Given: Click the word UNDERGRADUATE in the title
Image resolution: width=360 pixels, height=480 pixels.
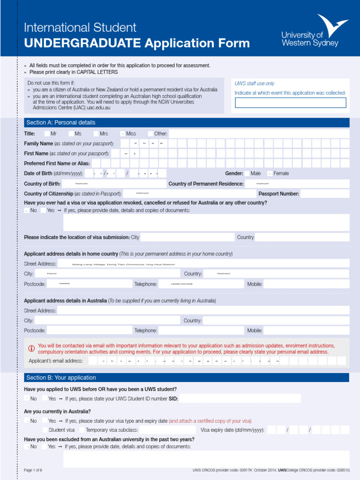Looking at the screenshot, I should coord(82,44).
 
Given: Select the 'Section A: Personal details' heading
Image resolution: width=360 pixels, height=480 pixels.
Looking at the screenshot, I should coord(60,122).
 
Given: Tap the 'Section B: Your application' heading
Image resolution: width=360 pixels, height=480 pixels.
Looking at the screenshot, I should coord(61,378).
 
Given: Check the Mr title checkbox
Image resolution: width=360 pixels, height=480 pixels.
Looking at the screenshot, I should coord(45,134).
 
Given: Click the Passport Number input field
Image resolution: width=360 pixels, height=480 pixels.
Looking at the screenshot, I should coord(331,194).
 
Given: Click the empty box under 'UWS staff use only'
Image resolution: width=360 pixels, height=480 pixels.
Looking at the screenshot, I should coord(291,103).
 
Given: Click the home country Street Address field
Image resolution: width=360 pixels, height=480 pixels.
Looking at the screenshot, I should coord(203,264).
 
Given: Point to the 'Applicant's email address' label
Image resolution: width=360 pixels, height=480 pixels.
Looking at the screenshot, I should coord(56,361).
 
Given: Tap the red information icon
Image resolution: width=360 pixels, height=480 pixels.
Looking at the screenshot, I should coord(31,348).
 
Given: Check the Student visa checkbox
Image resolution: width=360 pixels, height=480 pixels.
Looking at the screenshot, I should coord(44,430).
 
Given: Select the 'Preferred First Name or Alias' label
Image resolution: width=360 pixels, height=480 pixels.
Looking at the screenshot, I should coord(57,164).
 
